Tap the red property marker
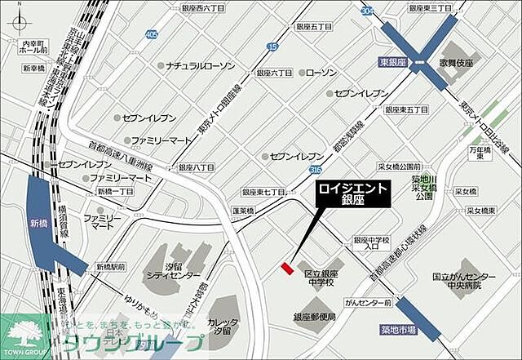[x=286, y=267]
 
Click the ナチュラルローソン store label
[x=200, y=64]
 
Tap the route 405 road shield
[x=152, y=35]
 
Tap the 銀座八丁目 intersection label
[x=197, y=167]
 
